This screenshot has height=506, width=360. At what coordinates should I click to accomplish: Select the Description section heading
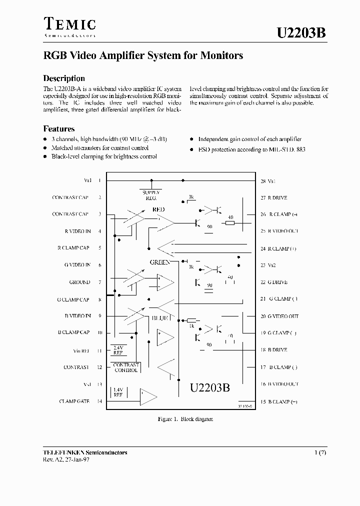[64, 78]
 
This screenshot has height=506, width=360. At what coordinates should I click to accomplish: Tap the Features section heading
[59, 128]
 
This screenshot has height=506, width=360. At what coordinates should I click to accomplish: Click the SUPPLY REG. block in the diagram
[151, 194]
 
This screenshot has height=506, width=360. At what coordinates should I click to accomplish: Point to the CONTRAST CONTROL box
[125, 368]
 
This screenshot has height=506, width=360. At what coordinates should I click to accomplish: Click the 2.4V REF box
[118, 350]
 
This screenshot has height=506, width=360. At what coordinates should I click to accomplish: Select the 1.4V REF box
[118, 392]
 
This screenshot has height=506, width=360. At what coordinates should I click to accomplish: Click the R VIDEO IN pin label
[77, 231]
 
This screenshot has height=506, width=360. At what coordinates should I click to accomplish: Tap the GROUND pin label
[79, 282]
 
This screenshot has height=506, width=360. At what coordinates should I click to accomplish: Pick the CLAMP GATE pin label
[74, 401]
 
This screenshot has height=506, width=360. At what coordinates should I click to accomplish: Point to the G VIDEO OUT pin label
[283, 316]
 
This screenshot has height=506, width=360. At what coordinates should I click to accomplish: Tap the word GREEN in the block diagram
[160, 262]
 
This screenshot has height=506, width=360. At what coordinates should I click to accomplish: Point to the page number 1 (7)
[320, 452]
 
